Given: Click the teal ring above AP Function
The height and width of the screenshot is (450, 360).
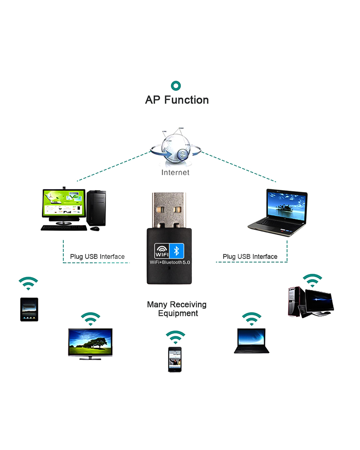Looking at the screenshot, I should pos(176,86).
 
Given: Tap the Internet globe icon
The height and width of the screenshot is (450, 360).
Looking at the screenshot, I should pos(176,148).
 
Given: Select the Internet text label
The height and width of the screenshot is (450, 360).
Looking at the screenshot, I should pos(175,173).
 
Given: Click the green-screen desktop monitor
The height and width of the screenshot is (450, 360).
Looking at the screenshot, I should pos(64,204).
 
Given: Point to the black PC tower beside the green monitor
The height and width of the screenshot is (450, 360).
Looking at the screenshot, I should pos(96,208).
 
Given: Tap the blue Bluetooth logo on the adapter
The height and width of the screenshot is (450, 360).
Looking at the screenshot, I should pos(177,251).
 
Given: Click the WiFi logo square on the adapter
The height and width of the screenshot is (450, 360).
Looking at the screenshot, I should pos(162,251).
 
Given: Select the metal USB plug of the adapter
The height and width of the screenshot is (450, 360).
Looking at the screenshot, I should pos(169,210).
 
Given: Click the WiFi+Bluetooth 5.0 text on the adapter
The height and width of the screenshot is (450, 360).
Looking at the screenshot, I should pos(170,262).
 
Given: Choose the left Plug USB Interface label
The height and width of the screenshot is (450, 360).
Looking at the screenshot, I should pos(97,257).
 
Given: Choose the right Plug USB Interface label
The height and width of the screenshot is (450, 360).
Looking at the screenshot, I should pos(250,257).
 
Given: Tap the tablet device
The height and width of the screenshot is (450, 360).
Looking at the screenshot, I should pos(29,309).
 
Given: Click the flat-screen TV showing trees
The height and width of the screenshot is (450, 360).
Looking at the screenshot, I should pos(90,343).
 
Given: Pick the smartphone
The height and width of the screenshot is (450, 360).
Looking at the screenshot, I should pos(175,359).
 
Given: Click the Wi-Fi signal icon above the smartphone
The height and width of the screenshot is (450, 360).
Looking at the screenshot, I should pos(175,337).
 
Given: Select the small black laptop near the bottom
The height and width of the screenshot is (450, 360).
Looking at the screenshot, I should pos(252,340).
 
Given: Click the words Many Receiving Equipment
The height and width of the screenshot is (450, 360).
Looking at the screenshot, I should pos(177,309).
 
